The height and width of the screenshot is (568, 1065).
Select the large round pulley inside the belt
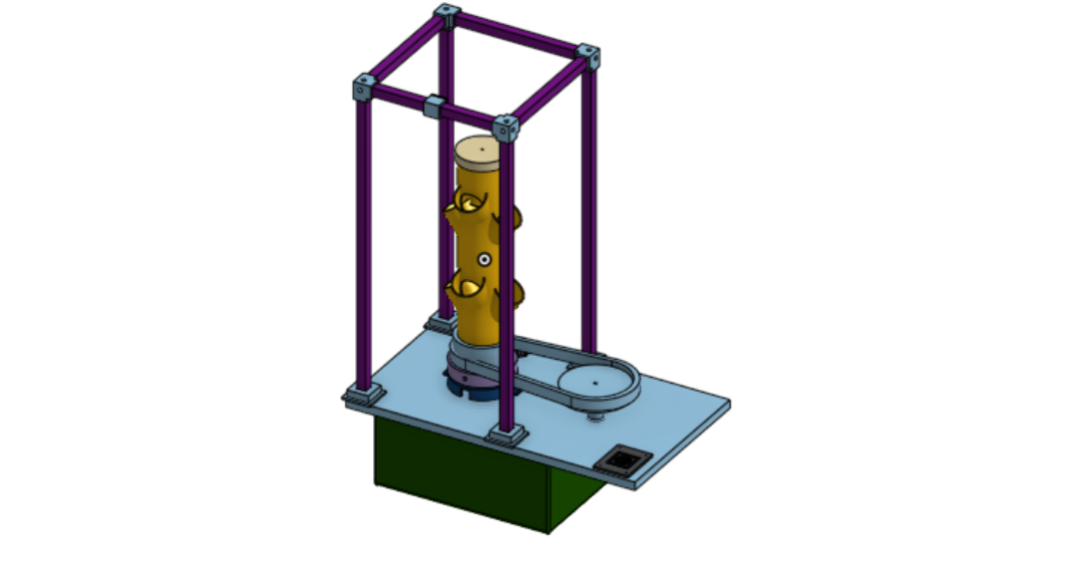pyautogui.click(x=597, y=383)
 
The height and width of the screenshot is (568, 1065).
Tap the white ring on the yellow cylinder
pyautogui.click(x=485, y=259)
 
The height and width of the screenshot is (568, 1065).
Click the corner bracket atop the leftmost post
pyautogui.click(x=363, y=90)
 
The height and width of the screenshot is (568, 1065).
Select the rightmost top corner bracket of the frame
pyautogui.click(x=589, y=56)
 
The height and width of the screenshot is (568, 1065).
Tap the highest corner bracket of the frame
pyautogui.click(x=446, y=15)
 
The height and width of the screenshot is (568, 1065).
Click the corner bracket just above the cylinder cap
pyautogui.click(x=507, y=129)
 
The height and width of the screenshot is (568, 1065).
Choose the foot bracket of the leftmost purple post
pyautogui.click(x=363, y=394)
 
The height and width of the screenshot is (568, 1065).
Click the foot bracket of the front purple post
pyautogui.click(x=507, y=434)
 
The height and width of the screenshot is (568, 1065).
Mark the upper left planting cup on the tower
pyautogui.click(x=463, y=206)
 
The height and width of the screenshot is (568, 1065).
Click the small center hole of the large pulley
pyautogui.click(x=596, y=381)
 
